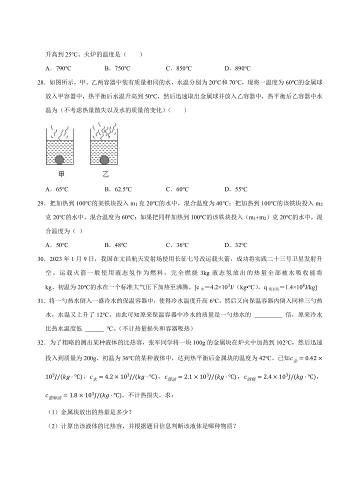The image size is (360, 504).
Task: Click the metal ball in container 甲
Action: point(59,159)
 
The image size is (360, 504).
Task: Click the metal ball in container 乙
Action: point(104,159)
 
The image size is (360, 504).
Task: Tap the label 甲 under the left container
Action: point(59,175)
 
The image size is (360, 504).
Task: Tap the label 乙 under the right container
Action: point(105,175)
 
